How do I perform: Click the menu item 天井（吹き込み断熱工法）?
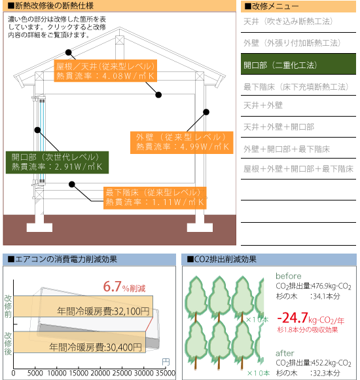(288, 22)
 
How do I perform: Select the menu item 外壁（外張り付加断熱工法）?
(292, 43)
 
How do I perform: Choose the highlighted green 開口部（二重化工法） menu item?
(298, 64)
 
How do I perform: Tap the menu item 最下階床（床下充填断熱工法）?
(296, 86)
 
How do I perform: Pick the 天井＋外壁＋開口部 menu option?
(279, 126)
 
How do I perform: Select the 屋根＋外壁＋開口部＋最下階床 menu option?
(298, 168)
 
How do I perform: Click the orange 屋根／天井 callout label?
(105, 71)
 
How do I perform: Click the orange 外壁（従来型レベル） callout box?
(181, 143)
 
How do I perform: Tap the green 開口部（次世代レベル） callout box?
(57, 162)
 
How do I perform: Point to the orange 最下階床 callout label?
(155, 198)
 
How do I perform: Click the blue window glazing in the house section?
(42, 141)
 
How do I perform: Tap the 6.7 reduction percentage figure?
(112, 286)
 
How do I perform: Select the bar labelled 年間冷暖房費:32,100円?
(83, 306)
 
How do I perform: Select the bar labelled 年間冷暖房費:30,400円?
(79, 342)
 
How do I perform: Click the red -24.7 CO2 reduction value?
(293, 318)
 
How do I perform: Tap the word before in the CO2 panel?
(289, 276)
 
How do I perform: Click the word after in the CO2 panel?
(285, 353)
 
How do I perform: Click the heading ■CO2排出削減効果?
(221, 259)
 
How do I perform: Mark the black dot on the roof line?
(69, 52)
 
